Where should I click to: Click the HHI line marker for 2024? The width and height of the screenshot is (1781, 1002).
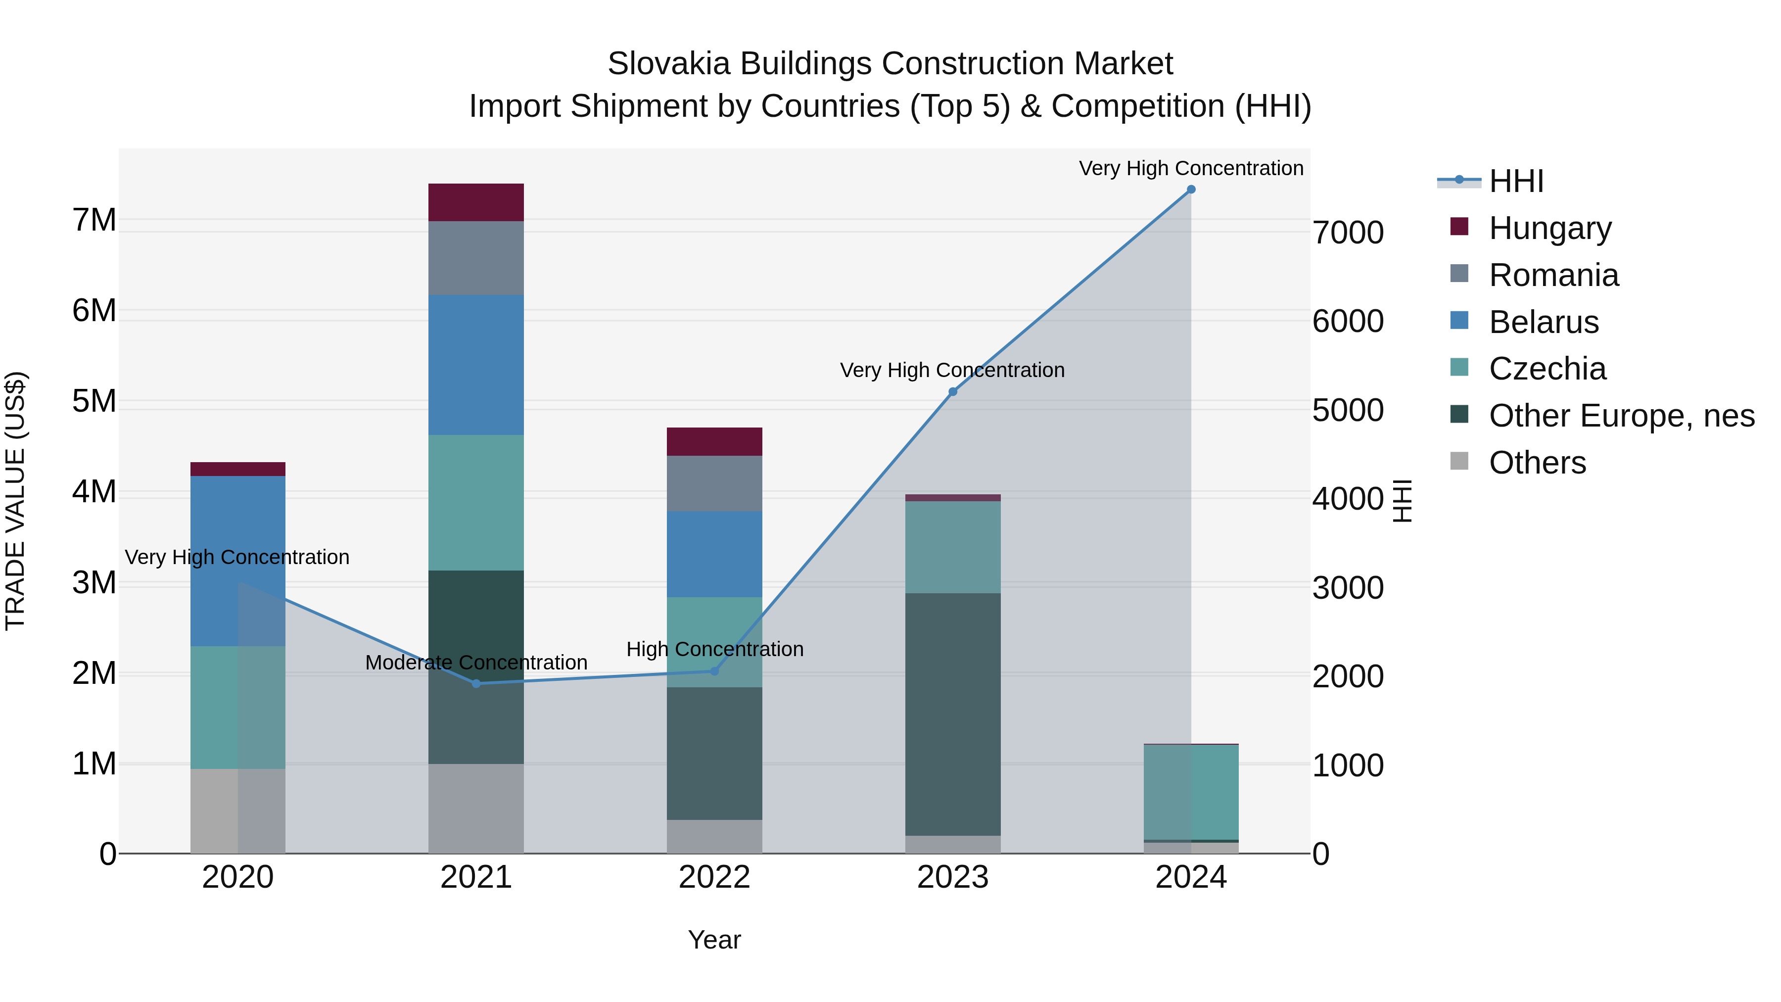pyautogui.click(x=1191, y=190)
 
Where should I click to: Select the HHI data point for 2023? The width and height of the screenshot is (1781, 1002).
pyautogui.click(x=953, y=392)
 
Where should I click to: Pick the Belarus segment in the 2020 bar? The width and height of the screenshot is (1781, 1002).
pyautogui.click(x=238, y=560)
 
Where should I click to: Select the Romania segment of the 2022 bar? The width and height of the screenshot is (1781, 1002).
pyautogui.click(x=714, y=483)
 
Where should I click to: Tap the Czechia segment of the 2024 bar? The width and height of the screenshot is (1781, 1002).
pyautogui.click(x=1191, y=792)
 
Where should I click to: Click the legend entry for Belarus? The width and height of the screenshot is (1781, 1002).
pyautogui.click(x=1543, y=322)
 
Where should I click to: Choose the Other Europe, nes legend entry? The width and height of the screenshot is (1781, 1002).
pyautogui.click(x=1621, y=416)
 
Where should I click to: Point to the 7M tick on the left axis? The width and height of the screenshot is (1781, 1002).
pyautogui.click(x=94, y=221)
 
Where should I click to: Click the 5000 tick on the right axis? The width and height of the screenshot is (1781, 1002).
pyautogui.click(x=1348, y=410)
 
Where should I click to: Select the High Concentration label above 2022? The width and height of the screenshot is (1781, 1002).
pyautogui.click(x=714, y=649)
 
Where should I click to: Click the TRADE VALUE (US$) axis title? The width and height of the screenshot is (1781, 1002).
pyautogui.click(x=15, y=501)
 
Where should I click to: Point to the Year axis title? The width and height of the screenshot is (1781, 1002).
pyautogui.click(x=714, y=940)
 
